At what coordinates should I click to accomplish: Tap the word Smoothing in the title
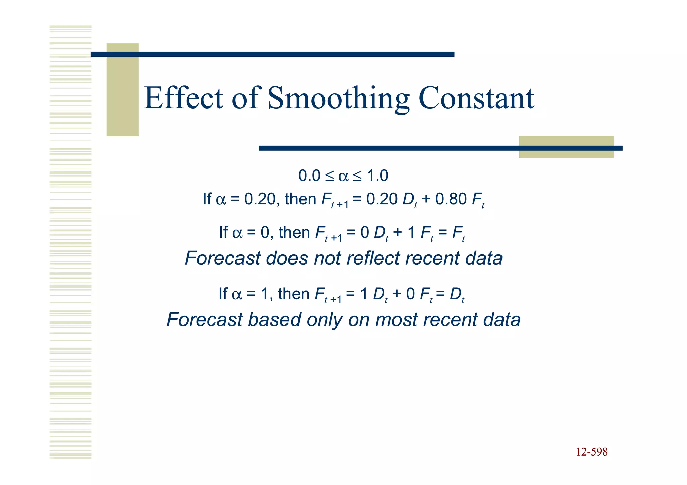338,99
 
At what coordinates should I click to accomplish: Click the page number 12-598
592,452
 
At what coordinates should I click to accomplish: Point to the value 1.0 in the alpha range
377,176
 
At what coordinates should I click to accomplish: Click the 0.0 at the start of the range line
309,176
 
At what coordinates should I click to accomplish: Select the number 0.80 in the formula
451,199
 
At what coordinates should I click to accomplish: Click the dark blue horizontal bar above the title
272,54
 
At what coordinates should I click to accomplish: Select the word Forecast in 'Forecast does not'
222,258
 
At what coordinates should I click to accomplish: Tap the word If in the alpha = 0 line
223,232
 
